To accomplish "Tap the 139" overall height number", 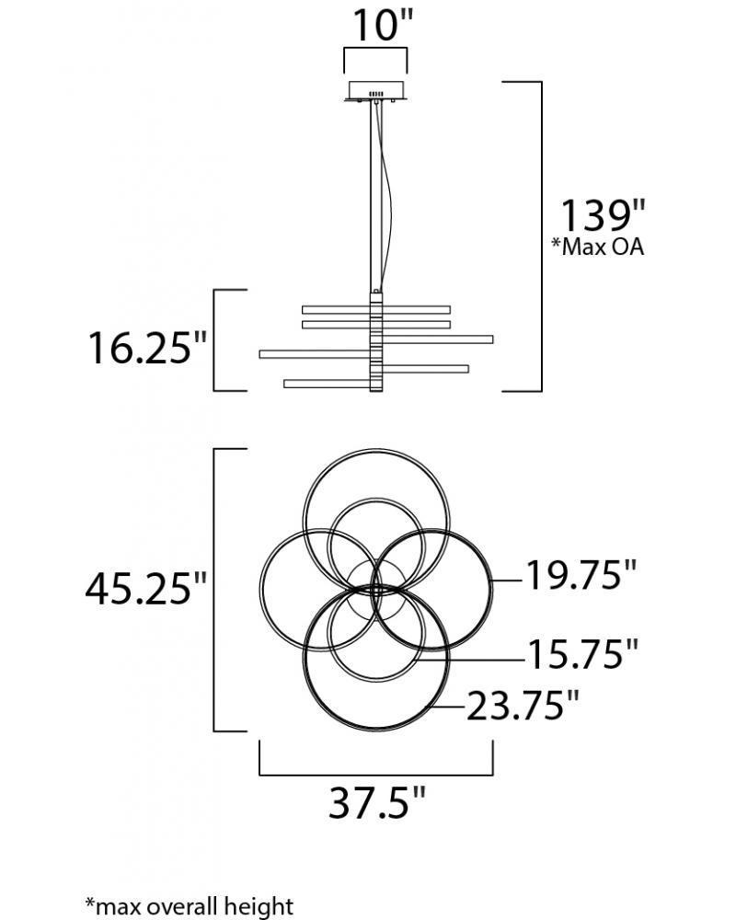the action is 604,214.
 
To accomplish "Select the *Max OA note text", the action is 597,247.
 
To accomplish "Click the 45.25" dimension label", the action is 146,588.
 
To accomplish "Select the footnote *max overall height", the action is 189,906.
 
